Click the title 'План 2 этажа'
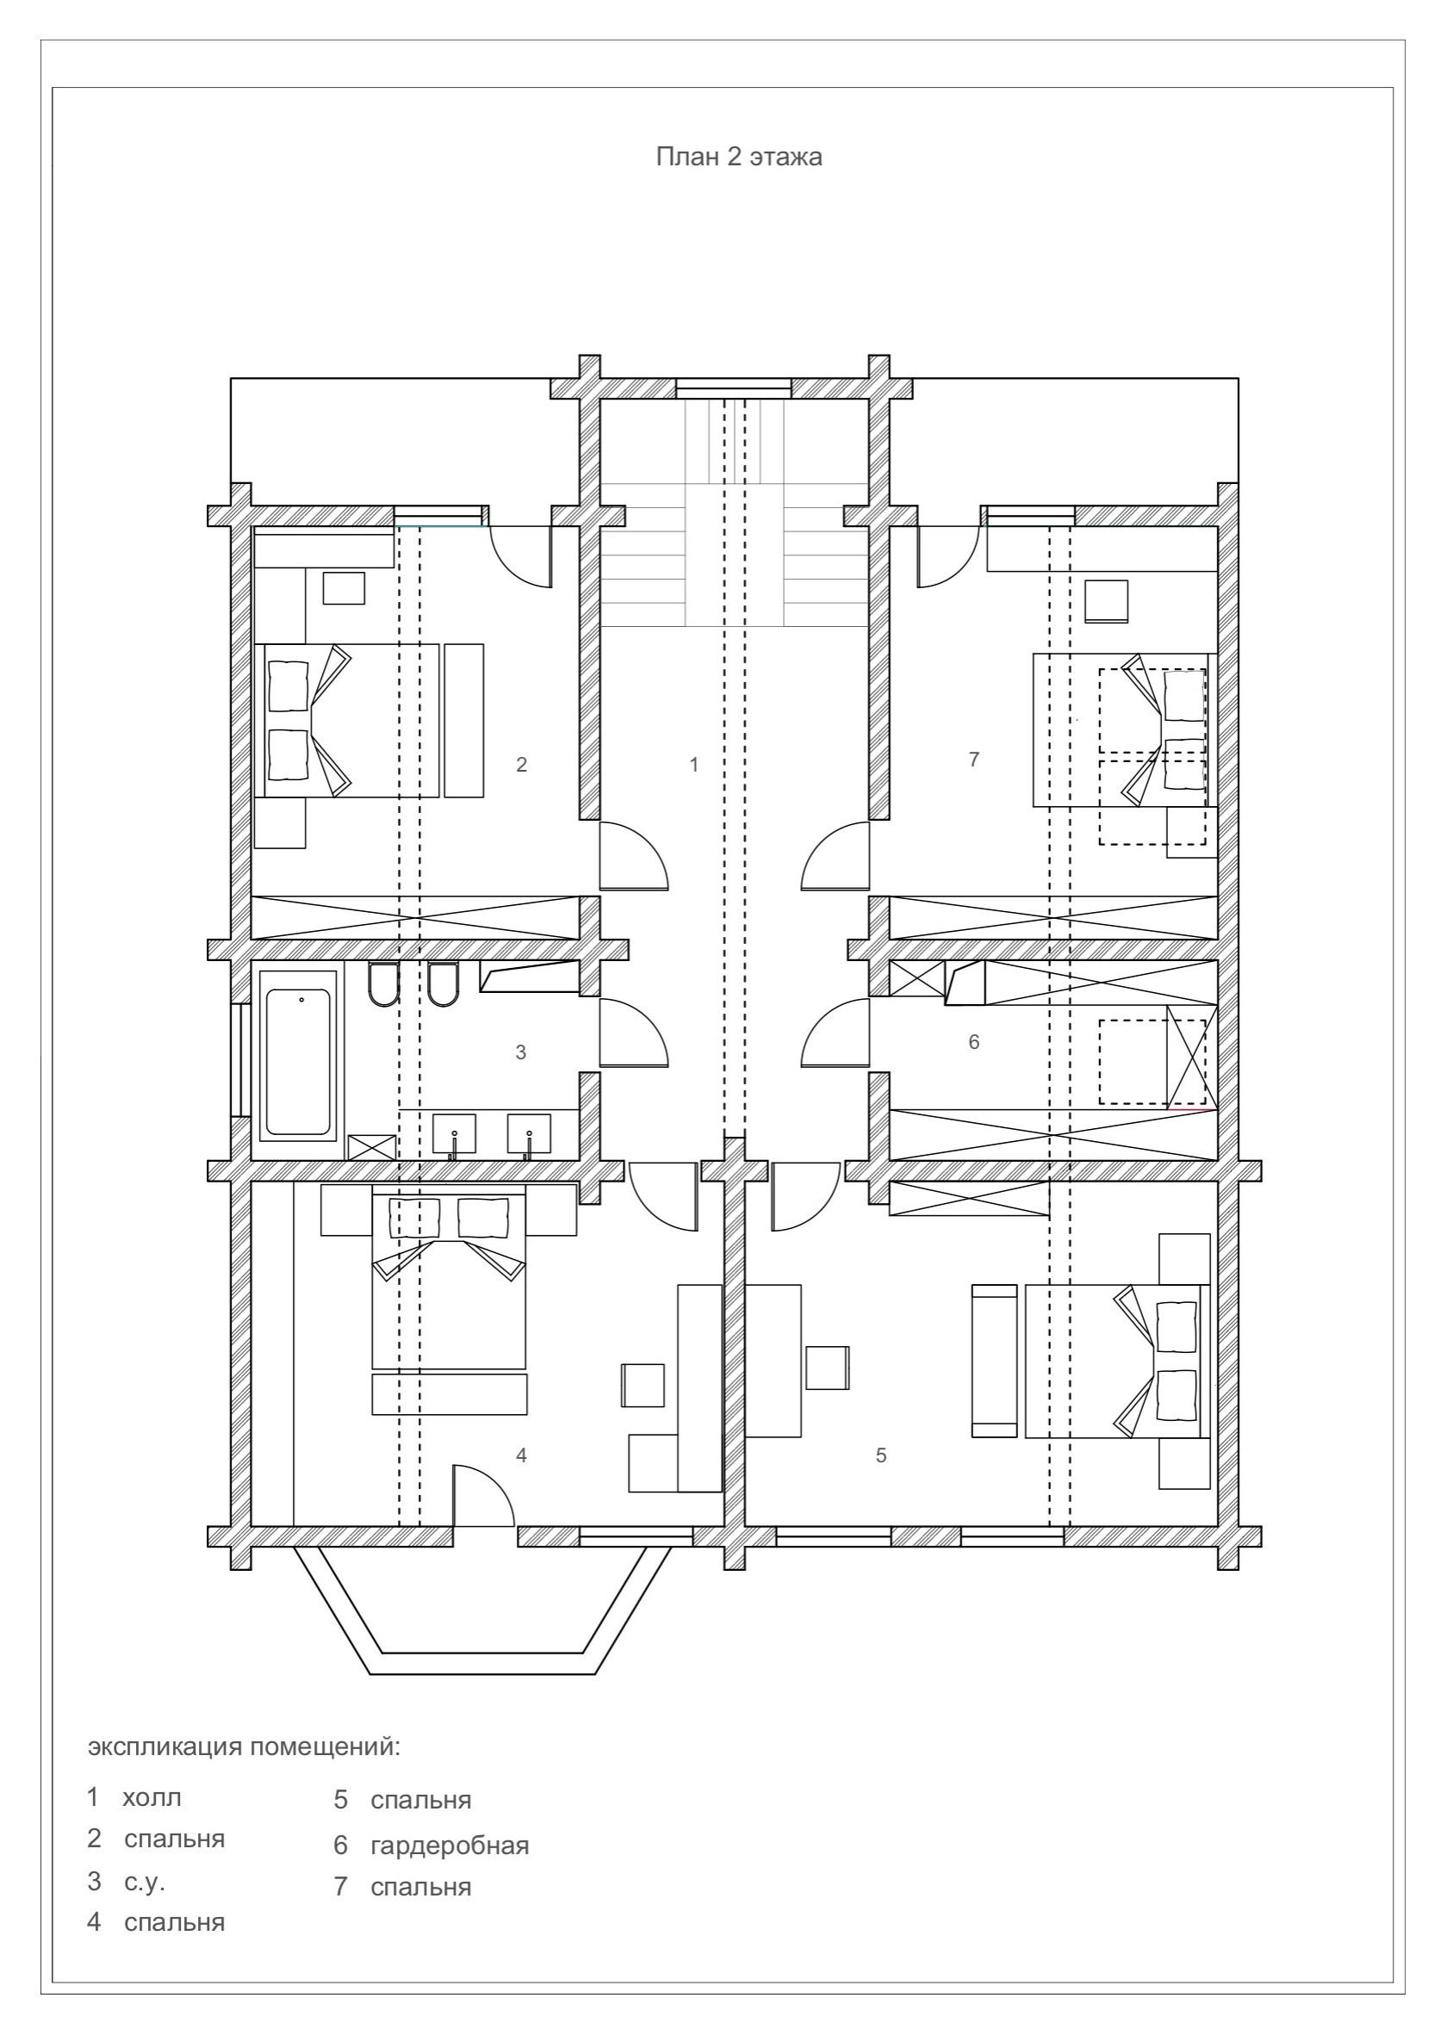coord(739,157)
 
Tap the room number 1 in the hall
coord(694,764)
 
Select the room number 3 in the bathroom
coord(521,1052)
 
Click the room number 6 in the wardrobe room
coord(973,1041)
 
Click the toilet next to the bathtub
coord(383,984)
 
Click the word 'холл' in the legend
coord(152,1797)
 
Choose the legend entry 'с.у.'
coord(146,1882)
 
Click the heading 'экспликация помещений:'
coord(244,1747)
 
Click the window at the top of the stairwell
coord(732,388)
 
